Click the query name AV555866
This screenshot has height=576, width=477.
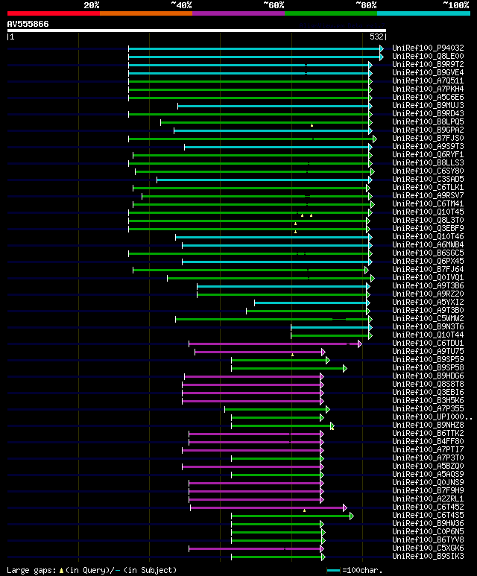tap(28, 24)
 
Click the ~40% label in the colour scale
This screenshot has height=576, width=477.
tap(181, 4)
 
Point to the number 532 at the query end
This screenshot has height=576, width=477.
tap(376, 37)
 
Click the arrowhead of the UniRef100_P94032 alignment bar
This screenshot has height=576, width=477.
tap(382, 48)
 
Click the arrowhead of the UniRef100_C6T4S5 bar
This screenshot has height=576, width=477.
tap(352, 516)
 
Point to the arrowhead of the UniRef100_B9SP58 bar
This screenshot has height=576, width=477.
tap(344, 368)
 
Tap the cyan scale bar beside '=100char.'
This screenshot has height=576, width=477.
tap(333, 570)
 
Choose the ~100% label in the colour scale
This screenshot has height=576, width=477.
tap(455, 4)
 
